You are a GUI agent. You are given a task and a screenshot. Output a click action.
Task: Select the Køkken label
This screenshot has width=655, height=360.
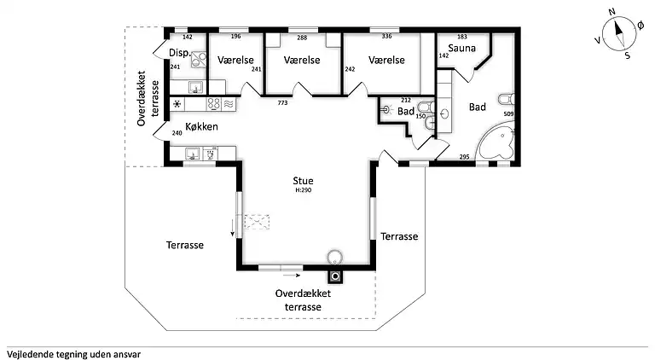pyautogui.click(x=201, y=127)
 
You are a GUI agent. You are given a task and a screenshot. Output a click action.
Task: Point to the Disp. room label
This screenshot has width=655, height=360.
pyautogui.click(x=179, y=53)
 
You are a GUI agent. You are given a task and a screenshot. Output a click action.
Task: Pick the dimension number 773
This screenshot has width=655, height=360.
pyautogui.click(x=282, y=102)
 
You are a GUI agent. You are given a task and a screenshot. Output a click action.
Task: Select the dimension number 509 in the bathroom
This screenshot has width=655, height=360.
pyautogui.click(x=508, y=113)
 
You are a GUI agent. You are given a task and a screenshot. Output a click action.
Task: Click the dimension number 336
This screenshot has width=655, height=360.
pyautogui.click(x=386, y=37)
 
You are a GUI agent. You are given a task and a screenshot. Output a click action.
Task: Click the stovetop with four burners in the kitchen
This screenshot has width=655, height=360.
pyautogui.click(x=214, y=104)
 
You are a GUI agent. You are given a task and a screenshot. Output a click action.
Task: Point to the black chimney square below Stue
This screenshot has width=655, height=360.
pyautogui.click(x=336, y=276)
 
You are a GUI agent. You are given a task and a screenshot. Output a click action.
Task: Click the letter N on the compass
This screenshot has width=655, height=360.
pyautogui.click(x=612, y=13)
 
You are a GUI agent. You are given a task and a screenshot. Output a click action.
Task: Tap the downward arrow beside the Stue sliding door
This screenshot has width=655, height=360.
pyautogui.click(x=230, y=227)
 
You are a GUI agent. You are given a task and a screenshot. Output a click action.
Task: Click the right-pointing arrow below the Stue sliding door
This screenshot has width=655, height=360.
pyautogui.click(x=293, y=276)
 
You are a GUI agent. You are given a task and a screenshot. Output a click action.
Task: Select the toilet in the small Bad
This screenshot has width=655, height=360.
pyautogui.click(x=430, y=110)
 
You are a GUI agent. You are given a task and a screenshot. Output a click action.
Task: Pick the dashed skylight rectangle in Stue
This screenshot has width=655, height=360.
pyautogui.click(x=257, y=224)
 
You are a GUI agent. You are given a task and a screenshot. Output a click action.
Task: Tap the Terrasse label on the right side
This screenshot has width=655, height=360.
pyautogui.click(x=399, y=236)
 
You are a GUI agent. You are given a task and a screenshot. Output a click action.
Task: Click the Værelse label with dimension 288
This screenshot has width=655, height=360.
pyautogui.click(x=301, y=61)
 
